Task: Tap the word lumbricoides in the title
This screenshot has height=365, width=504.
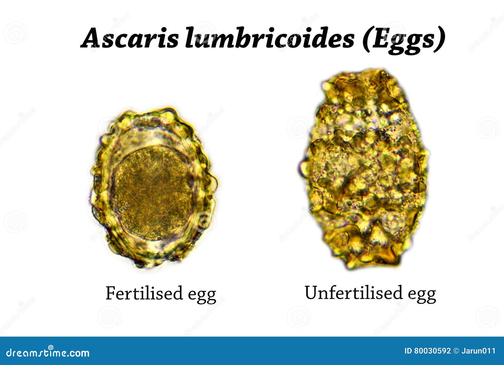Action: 270,38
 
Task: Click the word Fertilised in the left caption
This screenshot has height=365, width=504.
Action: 144,293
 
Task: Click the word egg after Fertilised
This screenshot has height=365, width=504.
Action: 202,295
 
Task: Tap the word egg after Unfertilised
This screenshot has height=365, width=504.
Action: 422,294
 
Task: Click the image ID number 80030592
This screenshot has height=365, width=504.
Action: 432,351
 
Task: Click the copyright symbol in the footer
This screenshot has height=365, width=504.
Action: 456,351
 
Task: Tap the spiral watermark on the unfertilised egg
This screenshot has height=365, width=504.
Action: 393,222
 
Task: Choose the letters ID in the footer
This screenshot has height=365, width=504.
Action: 408,351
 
